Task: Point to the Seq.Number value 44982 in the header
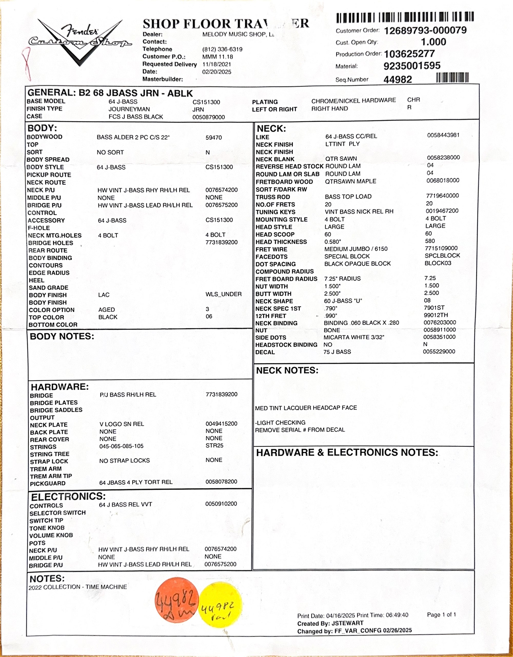click(x=397, y=79)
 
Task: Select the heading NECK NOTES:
click(x=287, y=370)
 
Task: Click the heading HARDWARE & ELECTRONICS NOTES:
click(x=347, y=453)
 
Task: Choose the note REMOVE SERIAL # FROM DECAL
click(x=300, y=430)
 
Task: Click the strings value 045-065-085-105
click(x=121, y=446)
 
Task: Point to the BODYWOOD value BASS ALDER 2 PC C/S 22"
click(x=133, y=138)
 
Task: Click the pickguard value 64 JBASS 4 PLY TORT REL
click(x=136, y=483)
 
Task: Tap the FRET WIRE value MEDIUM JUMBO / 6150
click(x=356, y=249)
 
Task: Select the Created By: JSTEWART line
click(x=330, y=623)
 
